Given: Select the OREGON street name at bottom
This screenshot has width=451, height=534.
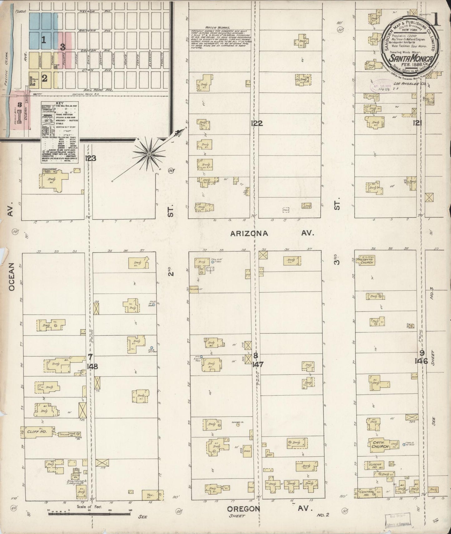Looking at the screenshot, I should click(x=243, y=509).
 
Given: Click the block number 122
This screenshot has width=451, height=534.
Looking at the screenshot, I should click(x=257, y=124).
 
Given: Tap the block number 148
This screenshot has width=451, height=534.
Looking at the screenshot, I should click(x=93, y=367).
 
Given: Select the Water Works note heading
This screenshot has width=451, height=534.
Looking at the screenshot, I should click(x=213, y=28).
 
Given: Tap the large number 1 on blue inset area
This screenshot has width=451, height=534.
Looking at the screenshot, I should click(x=44, y=40).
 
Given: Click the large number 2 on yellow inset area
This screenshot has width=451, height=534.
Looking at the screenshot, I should click(x=45, y=78).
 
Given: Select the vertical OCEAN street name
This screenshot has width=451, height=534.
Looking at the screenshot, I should click(x=11, y=277).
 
